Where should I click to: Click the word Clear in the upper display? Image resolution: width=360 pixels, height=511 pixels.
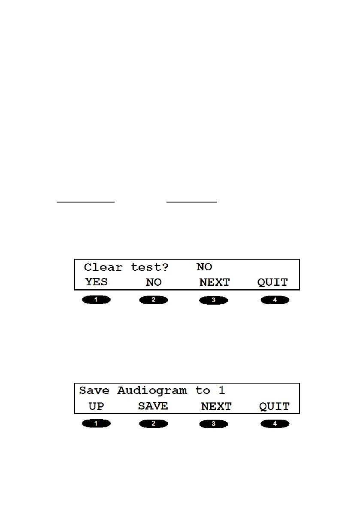103,267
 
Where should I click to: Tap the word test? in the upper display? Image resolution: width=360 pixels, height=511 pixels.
150,267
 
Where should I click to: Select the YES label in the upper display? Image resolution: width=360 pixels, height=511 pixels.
96,282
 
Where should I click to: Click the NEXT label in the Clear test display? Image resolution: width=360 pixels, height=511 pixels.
215,283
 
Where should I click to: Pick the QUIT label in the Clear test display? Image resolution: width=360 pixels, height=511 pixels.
272,283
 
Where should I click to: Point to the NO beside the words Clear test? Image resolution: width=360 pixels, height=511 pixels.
204,267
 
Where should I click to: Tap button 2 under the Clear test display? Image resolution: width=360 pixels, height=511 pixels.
154,300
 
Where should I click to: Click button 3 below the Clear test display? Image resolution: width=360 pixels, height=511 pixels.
214,300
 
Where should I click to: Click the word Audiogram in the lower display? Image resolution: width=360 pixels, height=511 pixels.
152,391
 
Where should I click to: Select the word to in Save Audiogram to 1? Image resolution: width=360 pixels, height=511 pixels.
203,390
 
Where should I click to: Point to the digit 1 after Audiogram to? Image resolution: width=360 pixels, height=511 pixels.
222,390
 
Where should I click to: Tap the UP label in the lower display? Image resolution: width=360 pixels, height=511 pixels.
96,406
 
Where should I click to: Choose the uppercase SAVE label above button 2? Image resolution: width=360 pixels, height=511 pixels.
153,406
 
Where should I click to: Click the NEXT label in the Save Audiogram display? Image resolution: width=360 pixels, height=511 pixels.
216,407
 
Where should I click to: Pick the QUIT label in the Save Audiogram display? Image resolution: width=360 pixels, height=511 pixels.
274,407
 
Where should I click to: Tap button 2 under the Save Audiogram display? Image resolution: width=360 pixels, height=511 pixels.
154,424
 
